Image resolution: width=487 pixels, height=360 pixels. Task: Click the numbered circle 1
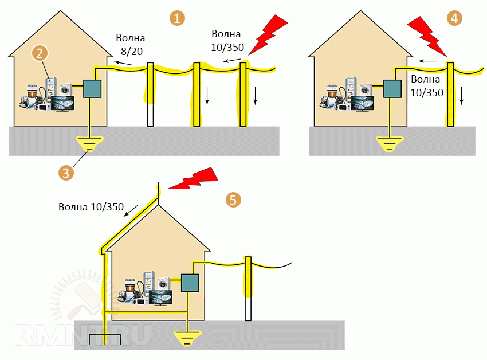(x=178, y=18)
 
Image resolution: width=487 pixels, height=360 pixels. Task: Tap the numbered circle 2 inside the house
(x=40, y=53)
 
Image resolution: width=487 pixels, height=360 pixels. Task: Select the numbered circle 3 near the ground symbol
(x=66, y=172)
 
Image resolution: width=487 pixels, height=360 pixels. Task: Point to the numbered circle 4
(x=454, y=18)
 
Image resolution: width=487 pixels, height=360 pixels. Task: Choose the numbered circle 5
(x=233, y=200)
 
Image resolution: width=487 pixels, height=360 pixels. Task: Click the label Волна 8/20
(x=131, y=45)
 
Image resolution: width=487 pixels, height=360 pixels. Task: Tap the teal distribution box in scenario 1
(x=92, y=88)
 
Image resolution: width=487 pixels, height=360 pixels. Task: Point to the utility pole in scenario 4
(x=451, y=95)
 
